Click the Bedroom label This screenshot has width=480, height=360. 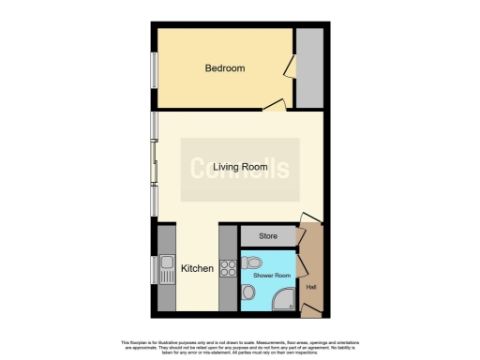(x=225, y=68)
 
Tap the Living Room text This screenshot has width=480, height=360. (x=239, y=168)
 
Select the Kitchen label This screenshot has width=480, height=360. (x=197, y=269)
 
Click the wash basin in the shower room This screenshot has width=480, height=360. (x=247, y=297)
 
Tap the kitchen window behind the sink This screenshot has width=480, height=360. (x=155, y=269)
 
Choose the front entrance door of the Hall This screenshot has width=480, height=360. (x=307, y=223)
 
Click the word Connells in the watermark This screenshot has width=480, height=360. (x=240, y=170)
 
